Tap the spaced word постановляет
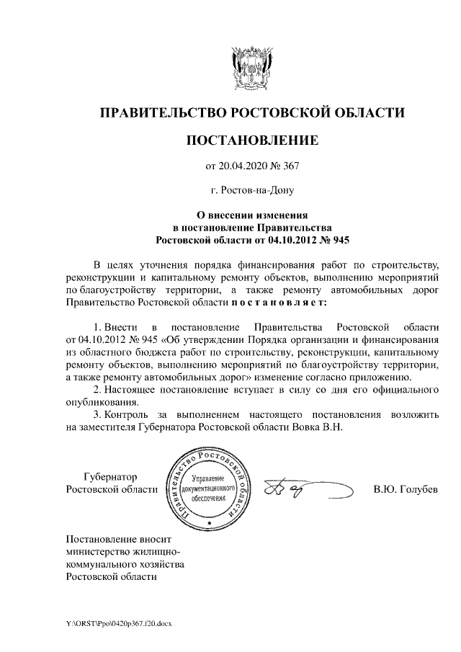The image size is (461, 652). coord(282,303)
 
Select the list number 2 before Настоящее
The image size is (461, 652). coord(98,390)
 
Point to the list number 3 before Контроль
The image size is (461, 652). coord(98,415)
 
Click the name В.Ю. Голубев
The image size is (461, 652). coord(406,490)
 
